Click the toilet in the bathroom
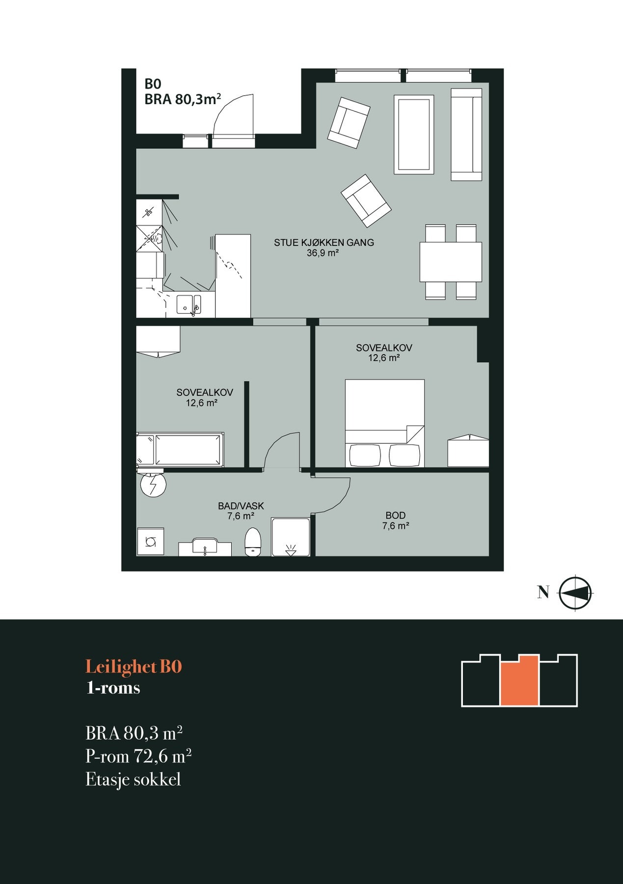tap(253, 542)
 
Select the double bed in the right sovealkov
tap(384, 423)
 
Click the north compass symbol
tap(575, 593)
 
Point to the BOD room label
tap(396, 515)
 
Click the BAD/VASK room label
tap(241, 506)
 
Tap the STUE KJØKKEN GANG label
tap(324, 243)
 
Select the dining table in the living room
tap(451, 262)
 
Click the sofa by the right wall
tap(466, 135)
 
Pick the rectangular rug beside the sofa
tap(414, 135)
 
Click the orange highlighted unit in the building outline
tap(519, 681)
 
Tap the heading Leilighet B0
tap(134, 667)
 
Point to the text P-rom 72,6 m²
tap(138, 756)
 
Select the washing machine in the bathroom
tap(150, 542)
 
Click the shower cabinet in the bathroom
tap(291, 537)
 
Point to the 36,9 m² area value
tap(323, 253)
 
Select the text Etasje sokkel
tap(134, 779)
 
